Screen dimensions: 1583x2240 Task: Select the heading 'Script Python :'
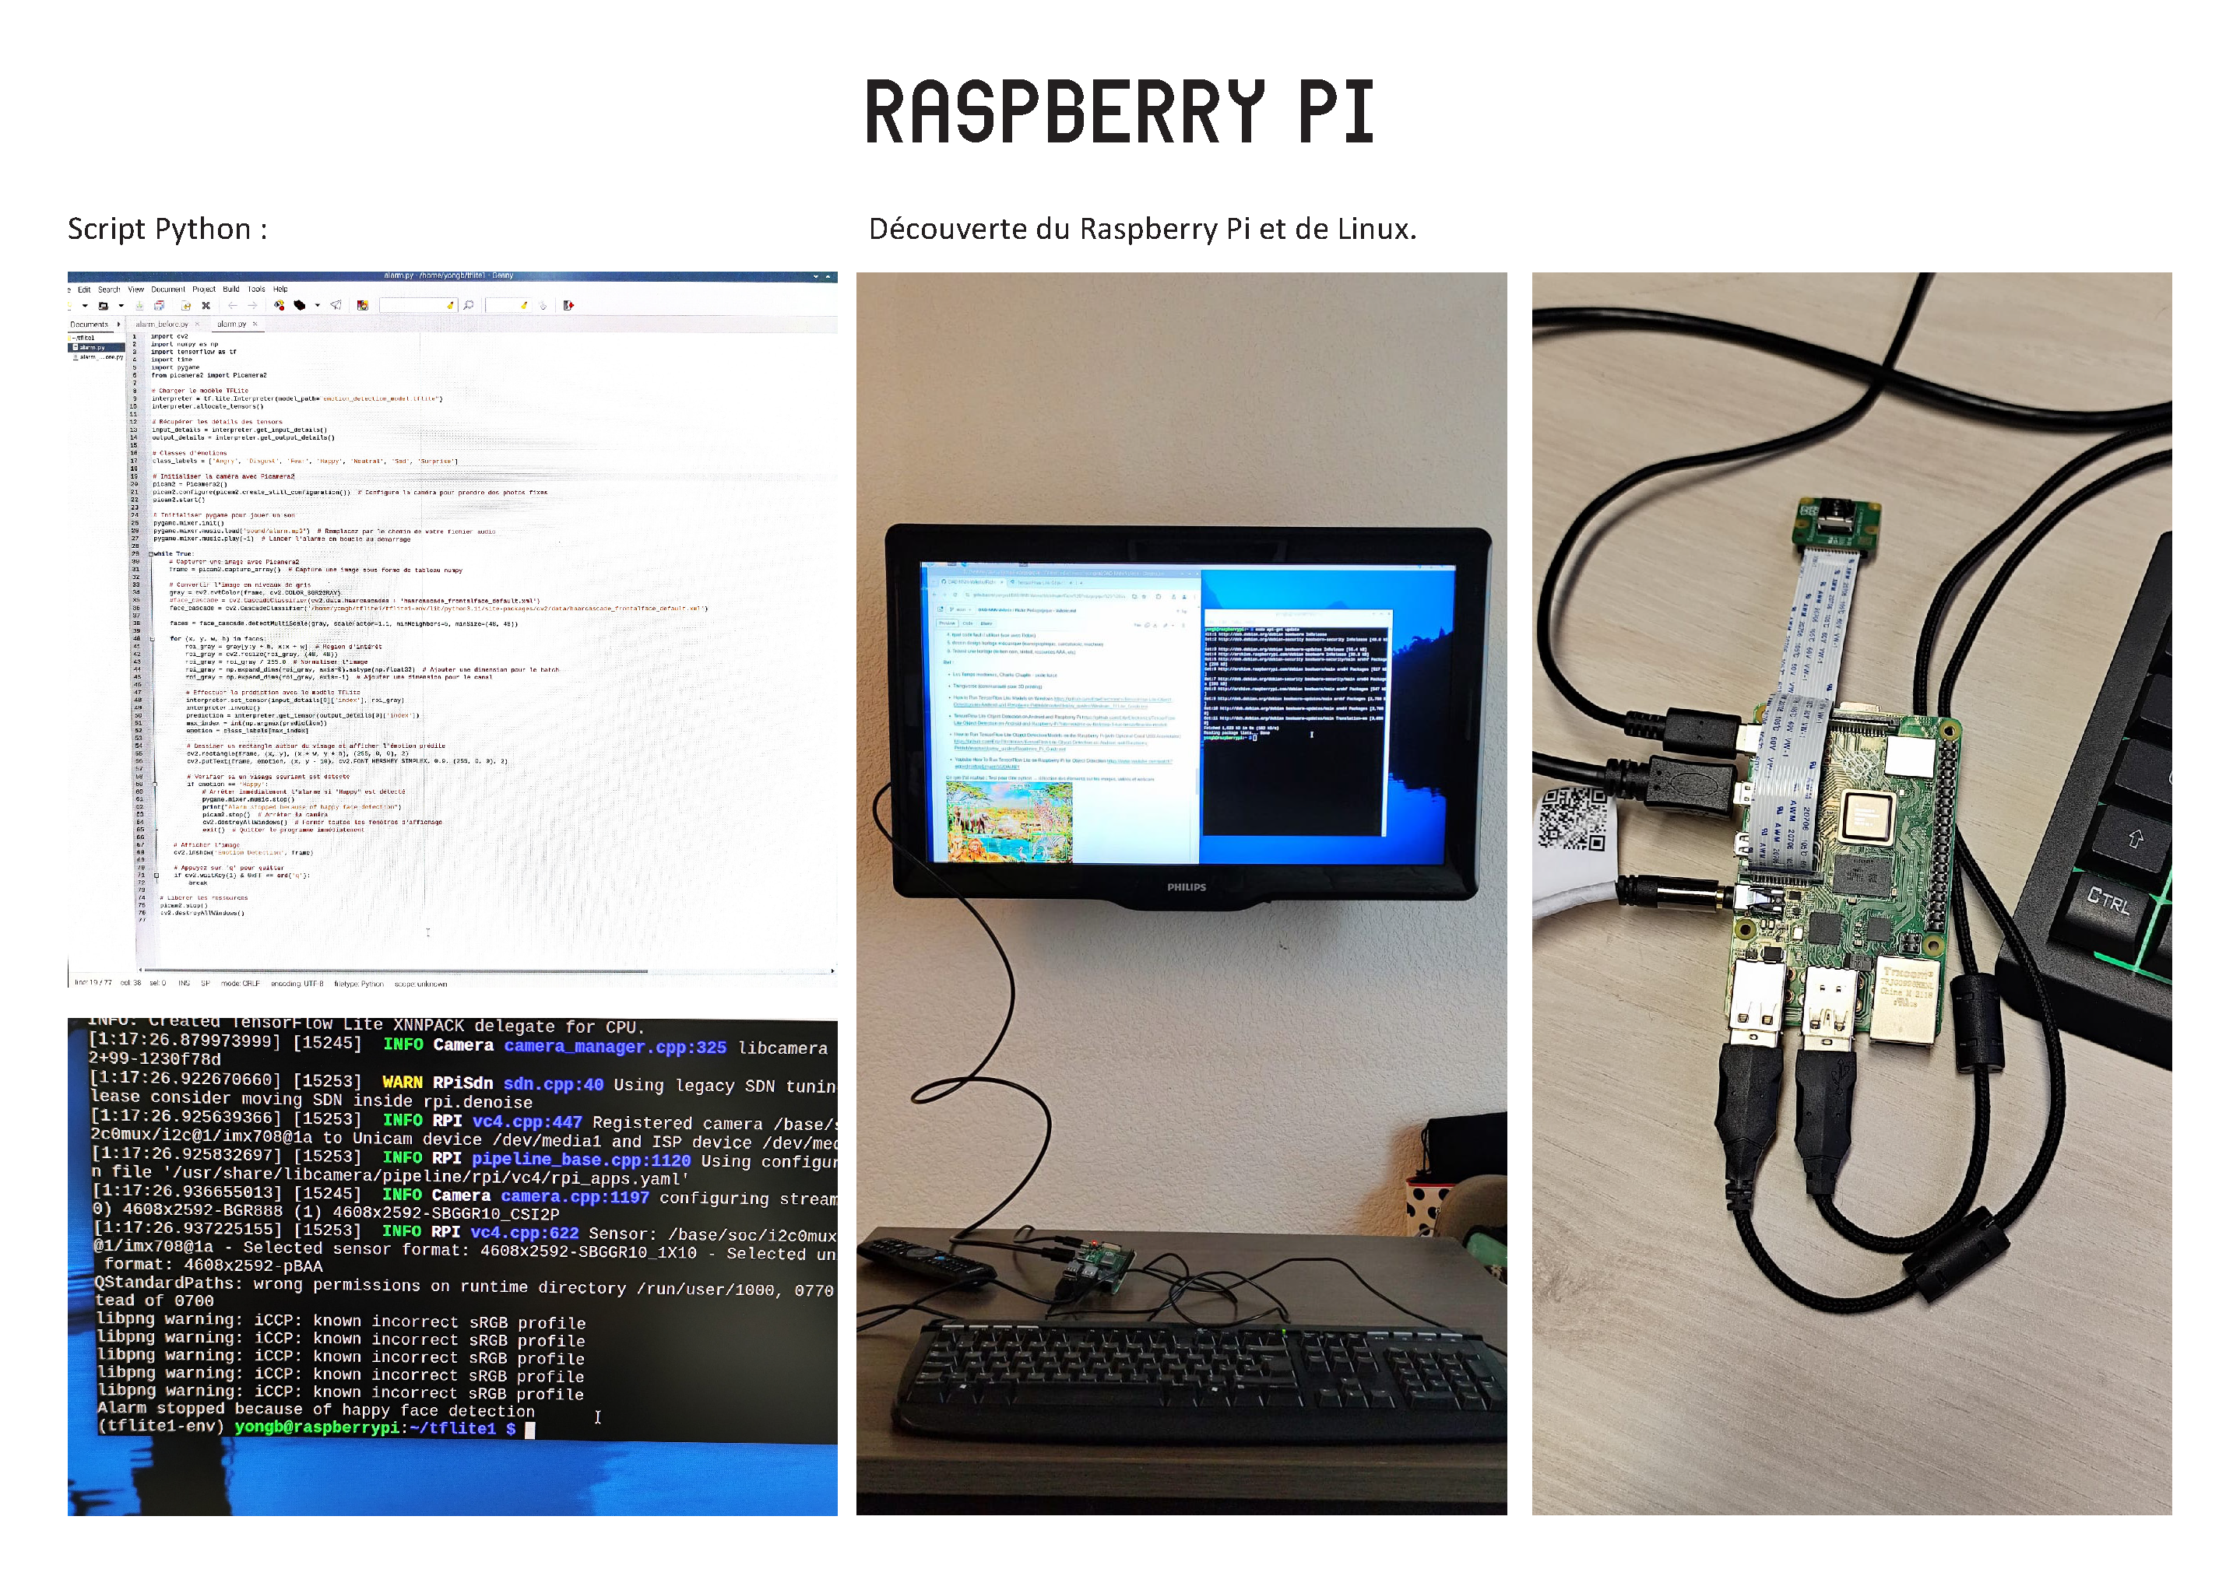click(x=167, y=230)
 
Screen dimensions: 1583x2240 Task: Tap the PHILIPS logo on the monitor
click(x=1187, y=887)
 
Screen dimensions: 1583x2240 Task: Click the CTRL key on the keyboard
click(x=2108, y=901)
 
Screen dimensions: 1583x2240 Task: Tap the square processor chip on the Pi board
click(x=1866, y=814)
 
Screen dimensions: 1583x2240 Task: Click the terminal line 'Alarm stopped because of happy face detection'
click(x=315, y=1410)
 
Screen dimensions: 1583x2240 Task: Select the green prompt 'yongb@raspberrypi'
click(x=317, y=1428)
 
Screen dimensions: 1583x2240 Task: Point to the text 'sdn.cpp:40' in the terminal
click(x=553, y=1083)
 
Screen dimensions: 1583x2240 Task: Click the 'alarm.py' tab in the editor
click(x=232, y=324)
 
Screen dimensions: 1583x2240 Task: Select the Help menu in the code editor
click(x=280, y=290)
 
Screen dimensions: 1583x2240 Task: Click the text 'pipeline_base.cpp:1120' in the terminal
click(x=581, y=1160)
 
